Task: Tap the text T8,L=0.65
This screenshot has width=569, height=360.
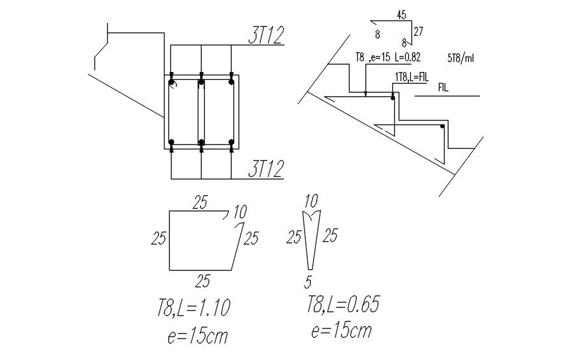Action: point(343,305)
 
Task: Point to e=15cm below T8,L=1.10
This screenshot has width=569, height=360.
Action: point(198,336)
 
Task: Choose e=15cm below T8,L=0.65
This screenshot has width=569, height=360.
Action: point(341,331)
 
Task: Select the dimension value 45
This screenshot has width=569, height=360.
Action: point(402,16)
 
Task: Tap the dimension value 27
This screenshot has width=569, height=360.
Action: point(418,31)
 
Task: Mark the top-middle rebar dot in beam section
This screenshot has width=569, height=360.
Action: point(201,82)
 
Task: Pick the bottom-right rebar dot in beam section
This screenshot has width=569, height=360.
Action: point(231,142)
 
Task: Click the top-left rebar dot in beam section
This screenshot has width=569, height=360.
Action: point(172,82)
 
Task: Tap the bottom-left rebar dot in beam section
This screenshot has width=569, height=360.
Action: point(172,142)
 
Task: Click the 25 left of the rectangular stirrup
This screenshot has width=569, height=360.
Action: point(159,239)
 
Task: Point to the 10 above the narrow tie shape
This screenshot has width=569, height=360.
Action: point(311,202)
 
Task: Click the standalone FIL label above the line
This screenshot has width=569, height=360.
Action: point(443,87)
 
